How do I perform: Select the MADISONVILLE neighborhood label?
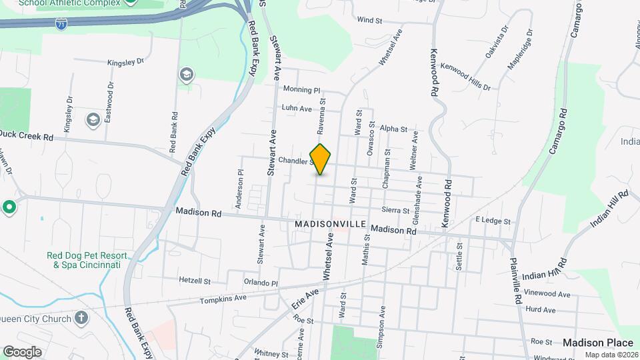pos(330,225)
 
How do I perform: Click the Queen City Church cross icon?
pos(81,317)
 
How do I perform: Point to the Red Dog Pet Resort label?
pos(83,260)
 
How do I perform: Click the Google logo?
pos(22,351)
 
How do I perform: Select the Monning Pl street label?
pos(301,89)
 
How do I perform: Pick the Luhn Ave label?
pos(297,108)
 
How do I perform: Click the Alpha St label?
pos(393,128)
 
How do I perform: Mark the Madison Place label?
pos(597,342)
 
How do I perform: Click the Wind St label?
pos(369,21)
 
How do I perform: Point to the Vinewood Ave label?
pos(547,293)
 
